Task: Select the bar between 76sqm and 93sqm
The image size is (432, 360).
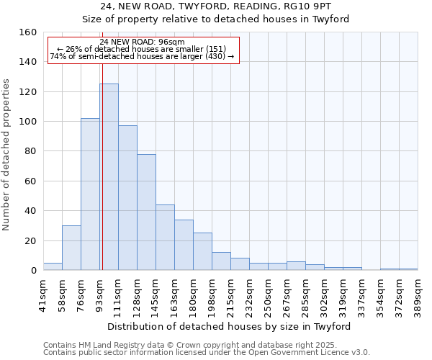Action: click(90, 194)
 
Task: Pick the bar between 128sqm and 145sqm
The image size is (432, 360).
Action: click(146, 212)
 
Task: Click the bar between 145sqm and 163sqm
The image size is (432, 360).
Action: click(165, 238)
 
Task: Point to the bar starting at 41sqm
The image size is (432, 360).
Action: click(53, 266)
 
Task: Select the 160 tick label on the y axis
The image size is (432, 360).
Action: click(28, 32)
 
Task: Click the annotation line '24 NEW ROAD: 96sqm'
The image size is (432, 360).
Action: click(143, 42)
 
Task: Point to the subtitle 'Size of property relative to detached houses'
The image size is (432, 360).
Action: click(215, 19)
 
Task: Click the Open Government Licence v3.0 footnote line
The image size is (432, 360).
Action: click(207, 353)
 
